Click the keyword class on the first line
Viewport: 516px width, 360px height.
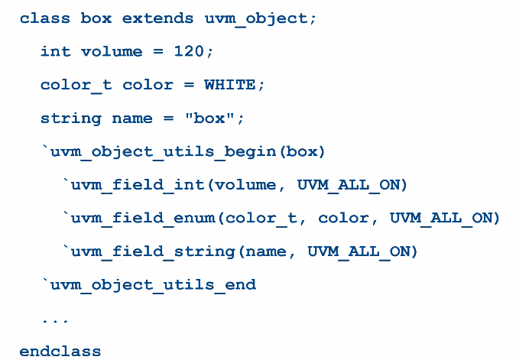point(45,18)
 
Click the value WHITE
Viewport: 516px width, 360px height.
point(229,85)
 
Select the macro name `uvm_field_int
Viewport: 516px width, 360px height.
point(138,185)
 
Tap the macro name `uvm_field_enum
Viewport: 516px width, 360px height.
point(142,219)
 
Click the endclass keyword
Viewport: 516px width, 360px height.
point(60,352)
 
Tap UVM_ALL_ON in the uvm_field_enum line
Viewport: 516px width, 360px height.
point(444,219)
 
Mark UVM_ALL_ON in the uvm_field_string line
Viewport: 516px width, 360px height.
point(362,251)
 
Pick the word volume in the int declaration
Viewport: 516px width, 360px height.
point(112,51)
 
